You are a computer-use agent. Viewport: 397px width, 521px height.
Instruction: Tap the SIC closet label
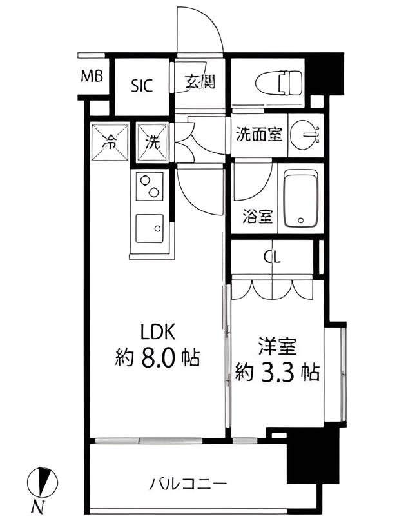(142, 85)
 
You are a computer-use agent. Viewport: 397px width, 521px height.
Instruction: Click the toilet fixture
(279, 83)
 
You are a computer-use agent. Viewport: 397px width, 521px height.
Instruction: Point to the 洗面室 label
(258, 135)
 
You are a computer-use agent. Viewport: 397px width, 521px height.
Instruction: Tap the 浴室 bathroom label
(257, 217)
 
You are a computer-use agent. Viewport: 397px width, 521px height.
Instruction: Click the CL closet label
(273, 258)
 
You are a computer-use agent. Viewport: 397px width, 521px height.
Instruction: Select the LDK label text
(159, 332)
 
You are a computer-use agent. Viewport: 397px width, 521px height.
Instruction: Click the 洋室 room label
(277, 348)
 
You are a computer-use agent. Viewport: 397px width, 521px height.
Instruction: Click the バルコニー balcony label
(188, 482)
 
